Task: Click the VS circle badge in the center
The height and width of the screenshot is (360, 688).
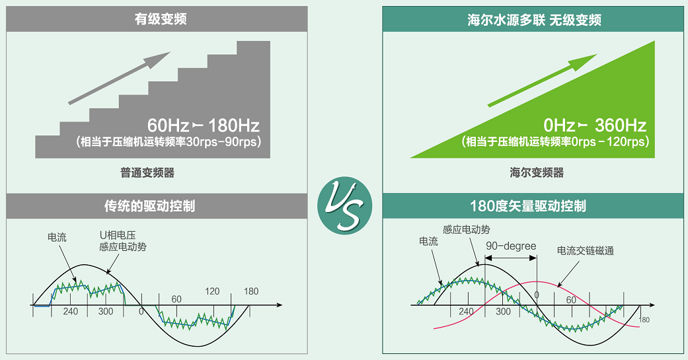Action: coord(345,205)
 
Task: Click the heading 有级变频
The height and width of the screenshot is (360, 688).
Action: coord(160,19)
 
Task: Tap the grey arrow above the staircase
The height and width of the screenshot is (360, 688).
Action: coord(120,78)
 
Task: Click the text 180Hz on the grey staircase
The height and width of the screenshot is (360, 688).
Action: coord(234,126)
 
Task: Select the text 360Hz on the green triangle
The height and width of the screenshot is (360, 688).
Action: coord(621,126)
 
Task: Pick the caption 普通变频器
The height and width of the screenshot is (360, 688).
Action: coord(147,173)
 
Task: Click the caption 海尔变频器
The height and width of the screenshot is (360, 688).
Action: coord(537,173)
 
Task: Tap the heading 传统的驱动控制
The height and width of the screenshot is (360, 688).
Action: coord(149,206)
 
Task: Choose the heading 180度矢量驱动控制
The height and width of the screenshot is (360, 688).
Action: coord(528,206)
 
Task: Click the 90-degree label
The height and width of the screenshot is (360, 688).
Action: coord(511,246)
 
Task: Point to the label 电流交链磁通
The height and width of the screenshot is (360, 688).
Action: coord(586,251)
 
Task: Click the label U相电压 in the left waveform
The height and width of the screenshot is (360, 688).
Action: coord(118,235)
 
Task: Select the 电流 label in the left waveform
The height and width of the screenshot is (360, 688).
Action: coord(57,237)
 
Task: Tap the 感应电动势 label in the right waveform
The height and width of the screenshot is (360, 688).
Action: coord(467,229)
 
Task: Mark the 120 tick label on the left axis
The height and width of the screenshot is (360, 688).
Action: coord(212,291)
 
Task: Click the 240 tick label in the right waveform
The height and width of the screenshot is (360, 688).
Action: coord(466,312)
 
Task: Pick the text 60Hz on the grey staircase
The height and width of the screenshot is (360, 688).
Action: coord(168,126)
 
